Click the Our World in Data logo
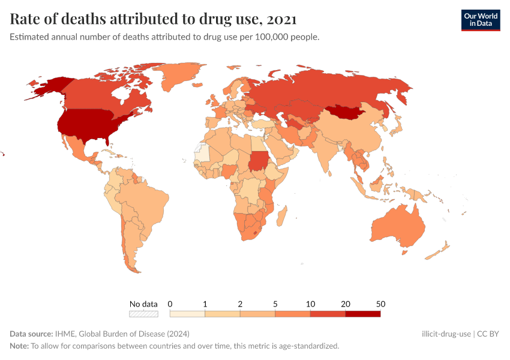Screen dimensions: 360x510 tap(480, 20)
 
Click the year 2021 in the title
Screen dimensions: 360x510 tap(281, 19)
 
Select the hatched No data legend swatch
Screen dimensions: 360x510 tap(143, 313)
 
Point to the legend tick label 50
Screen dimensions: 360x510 tap(380, 304)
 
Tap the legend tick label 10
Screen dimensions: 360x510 tap(310, 304)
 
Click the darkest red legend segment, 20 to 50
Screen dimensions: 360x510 tap(362, 313)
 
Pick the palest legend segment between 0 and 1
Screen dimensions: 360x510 tap(187, 313)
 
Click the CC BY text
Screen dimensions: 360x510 tap(488, 334)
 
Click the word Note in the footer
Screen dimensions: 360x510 tap(19, 346)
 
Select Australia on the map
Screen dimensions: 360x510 tap(399, 227)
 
